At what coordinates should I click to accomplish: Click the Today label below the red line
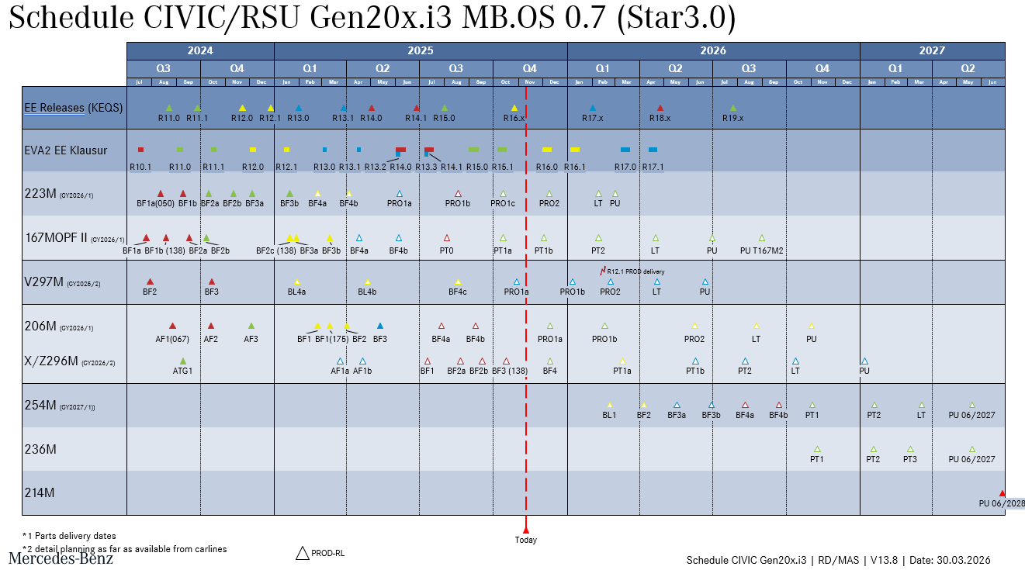[525, 540]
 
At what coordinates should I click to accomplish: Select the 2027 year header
[932, 50]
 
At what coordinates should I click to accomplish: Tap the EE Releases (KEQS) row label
[73, 108]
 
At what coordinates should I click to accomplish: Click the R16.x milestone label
[514, 119]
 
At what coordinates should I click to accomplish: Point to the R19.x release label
[732, 119]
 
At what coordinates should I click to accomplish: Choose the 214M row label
[40, 492]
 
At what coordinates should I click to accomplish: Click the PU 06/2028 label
[1002, 503]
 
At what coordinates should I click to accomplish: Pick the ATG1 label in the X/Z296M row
[183, 371]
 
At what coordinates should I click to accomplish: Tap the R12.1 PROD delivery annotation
[635, 271]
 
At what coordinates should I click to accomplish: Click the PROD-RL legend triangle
[303, 553]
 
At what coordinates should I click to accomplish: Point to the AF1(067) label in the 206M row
[172, 339]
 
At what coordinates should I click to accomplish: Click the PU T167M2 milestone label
[761, 250]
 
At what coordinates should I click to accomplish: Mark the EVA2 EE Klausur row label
[65, 150]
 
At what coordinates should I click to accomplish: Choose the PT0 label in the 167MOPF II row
[446, 250]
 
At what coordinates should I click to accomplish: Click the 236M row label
[40, 449]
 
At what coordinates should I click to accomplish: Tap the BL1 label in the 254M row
[609, 415]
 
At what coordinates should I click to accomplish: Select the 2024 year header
[200, 50]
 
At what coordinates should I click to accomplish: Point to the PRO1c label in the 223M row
[503, 203]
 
